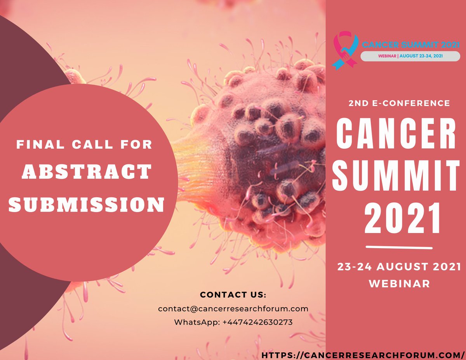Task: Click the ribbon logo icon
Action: tap(345, 51)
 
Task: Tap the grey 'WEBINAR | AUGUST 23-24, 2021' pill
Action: tap(410, 56)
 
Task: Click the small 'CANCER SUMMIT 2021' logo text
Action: tap(410, 45)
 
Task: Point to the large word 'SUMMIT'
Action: tap(396, 174)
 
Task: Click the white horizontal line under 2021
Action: tap(399, 247)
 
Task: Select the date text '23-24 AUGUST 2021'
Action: tap(399, 267)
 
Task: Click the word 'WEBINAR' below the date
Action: tap(399, 283)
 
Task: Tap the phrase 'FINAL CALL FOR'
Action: tap(84, 145)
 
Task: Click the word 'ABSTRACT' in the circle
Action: tap(86, 171)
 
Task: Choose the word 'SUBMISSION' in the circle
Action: tap(86, 204)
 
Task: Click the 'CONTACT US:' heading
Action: tap(233, 294)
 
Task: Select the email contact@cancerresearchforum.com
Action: tap(233, 309)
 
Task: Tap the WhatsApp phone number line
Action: tap(233, 322)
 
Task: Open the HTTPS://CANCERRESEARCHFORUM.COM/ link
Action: tap(363, 355)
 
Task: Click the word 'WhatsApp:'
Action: tap(197, 322)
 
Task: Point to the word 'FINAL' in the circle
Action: tap(34, 145)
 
